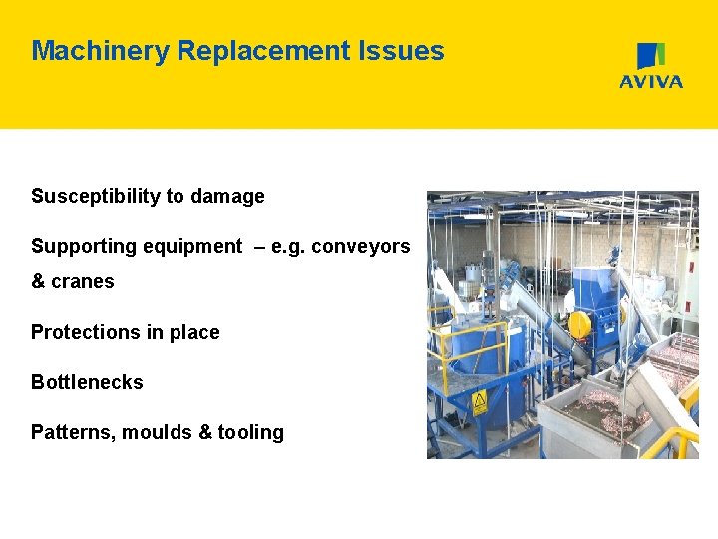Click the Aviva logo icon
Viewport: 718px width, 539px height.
point(651,56)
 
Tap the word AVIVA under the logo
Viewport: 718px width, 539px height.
point(651,82)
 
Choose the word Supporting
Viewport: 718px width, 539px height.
point(86,247)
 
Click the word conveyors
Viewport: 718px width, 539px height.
point(360,247)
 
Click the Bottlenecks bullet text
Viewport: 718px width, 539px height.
point(87,382)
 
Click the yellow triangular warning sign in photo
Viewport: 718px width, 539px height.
point(479,402)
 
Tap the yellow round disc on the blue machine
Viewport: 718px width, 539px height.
point(578,324)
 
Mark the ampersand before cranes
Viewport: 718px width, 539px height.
point(38,282)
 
